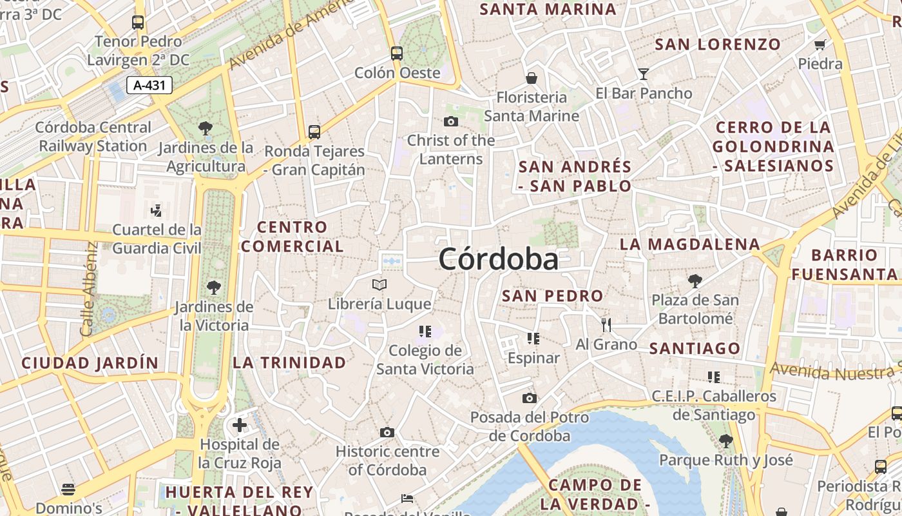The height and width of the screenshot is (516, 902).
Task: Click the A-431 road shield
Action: click(x=149, y=84)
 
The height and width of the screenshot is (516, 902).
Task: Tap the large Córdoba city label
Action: click(x=498, y=259)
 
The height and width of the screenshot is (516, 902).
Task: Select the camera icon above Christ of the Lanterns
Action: click(x=451, y=121)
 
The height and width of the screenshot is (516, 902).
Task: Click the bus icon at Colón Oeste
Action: click(x=397, y=53)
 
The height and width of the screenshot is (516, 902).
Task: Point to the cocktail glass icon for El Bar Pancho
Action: click(x=643, y=74)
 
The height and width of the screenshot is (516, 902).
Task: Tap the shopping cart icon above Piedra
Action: click(x=820, y=45)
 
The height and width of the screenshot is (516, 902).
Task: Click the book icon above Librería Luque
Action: click(x=379, y=284)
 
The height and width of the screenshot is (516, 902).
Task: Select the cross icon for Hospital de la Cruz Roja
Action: click(x=240, y=425)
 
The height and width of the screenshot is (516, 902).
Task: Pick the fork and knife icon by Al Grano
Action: click(x=606, y=324)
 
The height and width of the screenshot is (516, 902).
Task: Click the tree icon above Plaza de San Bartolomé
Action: click(x=695, y=281)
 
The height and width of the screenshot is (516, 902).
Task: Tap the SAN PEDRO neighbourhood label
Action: click(x=552, y=296)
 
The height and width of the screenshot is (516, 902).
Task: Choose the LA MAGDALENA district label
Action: click(x=689, y=244)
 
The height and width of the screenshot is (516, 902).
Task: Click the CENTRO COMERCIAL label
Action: click(x=293, y=237)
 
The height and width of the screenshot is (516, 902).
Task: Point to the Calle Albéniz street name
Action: click(x=89, y=288)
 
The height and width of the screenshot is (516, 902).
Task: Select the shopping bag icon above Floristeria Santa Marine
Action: click(x=532, y=78)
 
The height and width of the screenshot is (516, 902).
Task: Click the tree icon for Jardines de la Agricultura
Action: click(x=206, y=128)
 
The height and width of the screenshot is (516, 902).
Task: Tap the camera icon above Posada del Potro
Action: click(x=530, y=398)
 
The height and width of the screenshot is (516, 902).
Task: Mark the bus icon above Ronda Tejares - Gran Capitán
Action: click(x=314, y=132)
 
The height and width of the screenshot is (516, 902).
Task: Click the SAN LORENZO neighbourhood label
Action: click(x=718, y=45)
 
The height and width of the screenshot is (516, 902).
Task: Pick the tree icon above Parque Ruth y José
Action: click(x=725, y=441)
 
